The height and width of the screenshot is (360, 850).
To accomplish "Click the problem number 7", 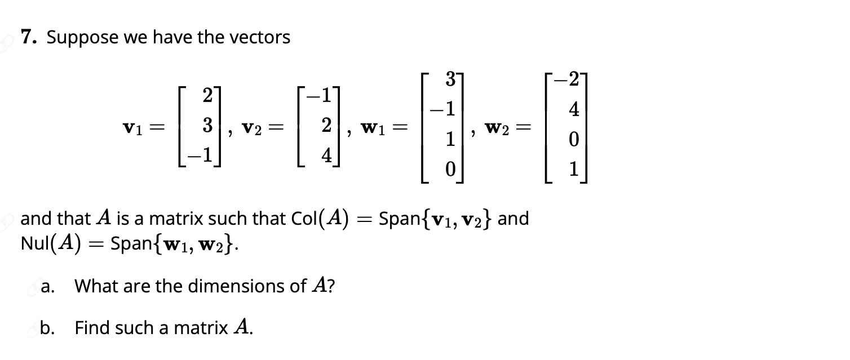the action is click(29, 37).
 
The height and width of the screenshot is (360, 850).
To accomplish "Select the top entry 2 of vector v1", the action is click(207, 95).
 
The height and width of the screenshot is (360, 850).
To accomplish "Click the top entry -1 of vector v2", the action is click(320, 95).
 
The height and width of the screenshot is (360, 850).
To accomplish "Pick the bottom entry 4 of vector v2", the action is click(327, 155).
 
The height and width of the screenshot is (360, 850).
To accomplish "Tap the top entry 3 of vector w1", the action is click(450, 79).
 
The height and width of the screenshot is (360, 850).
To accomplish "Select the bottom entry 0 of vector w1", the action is click(450, 169).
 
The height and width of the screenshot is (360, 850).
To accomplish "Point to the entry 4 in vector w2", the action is click(574, 109).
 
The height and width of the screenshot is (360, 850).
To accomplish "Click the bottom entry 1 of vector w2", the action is click(574, 169).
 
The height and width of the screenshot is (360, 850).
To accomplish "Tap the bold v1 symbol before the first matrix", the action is click(133, 128).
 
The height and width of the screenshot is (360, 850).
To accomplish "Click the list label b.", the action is click(47, 328).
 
